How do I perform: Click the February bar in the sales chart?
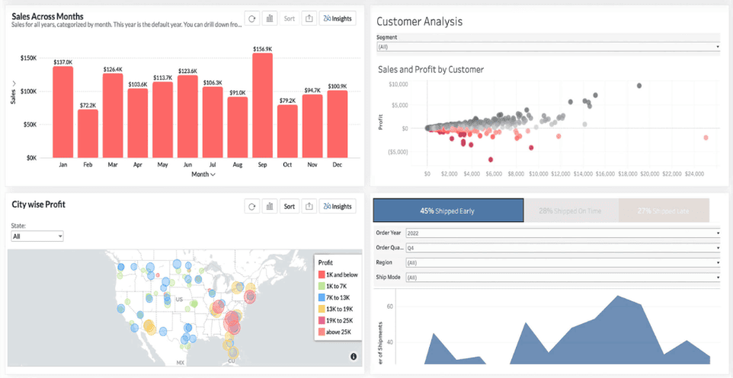[88, 133]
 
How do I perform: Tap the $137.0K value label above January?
[63, 62]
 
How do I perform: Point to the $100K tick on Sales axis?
[28, 91]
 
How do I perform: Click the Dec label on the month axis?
[337, 164]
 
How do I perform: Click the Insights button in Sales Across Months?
[338, 17]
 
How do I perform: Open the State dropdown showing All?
[37, 237]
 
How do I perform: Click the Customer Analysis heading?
[419, 21]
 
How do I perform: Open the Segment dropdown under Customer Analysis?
[548, 46]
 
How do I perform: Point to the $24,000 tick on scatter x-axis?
[694, 173]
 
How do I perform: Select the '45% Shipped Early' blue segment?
[447, 211]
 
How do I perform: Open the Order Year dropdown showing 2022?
[562, 233]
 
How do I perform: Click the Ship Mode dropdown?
[562, 278]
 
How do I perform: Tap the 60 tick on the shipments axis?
[389, 307]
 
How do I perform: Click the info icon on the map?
[354, 357]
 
